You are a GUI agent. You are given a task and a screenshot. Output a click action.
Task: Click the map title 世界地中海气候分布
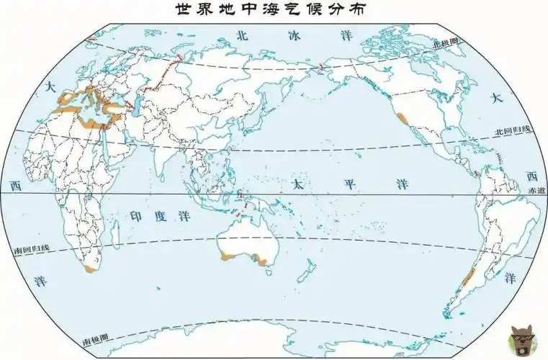(x=274, y=10)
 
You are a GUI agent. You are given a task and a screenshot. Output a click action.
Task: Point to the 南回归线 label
(x=32, y=249)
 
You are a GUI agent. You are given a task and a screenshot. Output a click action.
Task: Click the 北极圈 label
(x=445, y=43)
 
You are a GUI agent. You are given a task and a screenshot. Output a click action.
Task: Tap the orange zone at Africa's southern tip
(x=90, y=269)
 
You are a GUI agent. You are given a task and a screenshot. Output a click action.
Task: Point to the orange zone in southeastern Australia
(x=264, y=260)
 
